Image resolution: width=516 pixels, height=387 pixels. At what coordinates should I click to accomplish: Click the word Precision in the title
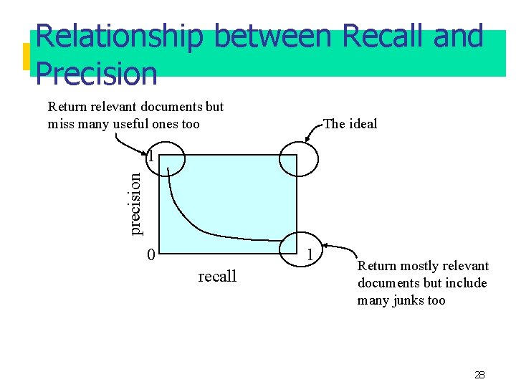pyautogui.click(x=96, y=73)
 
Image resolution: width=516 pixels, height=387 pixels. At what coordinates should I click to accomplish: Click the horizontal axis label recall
pyautogui.click(x=217, y=277)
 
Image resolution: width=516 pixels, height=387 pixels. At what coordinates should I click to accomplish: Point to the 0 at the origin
pyautogui.click(x=150, y=254)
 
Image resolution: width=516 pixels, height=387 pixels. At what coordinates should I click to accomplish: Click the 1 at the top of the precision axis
pyautogui.click(x=150, y=155)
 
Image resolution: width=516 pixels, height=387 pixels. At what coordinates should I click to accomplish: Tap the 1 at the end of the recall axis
pyautogui.click(x=310, y=254)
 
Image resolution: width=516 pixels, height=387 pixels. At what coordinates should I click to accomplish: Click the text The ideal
pyautogui.click(x=350, y=124)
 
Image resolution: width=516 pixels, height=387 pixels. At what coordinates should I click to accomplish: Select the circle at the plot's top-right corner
pyautogui.click(x=297, y=158)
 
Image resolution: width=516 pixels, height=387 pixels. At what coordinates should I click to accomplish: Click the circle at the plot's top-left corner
pyautogui.click(x=166, y=158)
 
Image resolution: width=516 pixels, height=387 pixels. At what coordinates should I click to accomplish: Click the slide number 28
pyautogui.click(x=479, y=375)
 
